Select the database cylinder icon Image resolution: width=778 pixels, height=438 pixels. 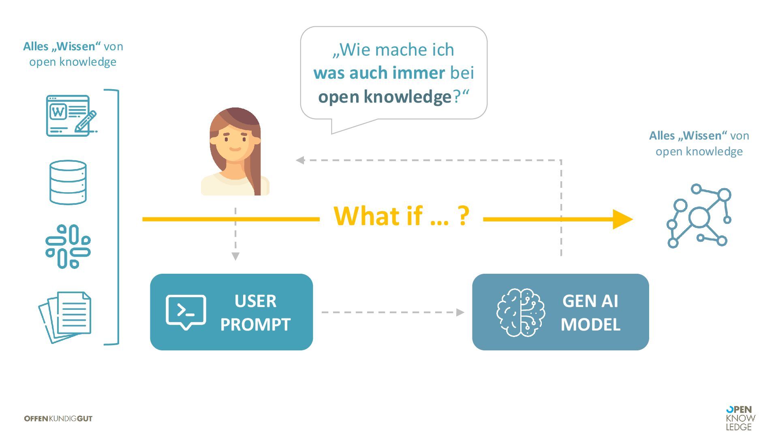click(x=68, y=182)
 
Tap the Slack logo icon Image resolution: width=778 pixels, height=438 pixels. click(x=68, y=246)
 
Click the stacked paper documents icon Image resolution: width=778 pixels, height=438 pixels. click(x=66, y=317)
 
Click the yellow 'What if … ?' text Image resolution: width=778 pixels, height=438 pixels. click(x=401, y=216)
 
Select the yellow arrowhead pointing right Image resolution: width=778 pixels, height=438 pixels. click(x=622, y=219)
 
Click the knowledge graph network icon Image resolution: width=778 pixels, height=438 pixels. click(x=699, y=217)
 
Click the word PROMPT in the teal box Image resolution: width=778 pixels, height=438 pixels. click(x=255, y=324)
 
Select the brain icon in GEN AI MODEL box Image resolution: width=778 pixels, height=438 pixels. click(x=521, y=312)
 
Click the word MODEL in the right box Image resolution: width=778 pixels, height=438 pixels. click(x=590, y=324)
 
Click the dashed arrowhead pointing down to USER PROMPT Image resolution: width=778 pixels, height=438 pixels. click(x=235, y=256)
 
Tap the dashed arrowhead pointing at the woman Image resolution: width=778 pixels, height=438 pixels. click(x=300, y=160)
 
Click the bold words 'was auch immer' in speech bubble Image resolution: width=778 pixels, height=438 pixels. click(x=379, y=73)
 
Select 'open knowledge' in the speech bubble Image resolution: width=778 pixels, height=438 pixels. click(x=385, y=97)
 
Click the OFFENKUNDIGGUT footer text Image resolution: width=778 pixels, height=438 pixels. click(x=58, y=419)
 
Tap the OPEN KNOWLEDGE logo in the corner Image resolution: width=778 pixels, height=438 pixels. click(x=740, y=418)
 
